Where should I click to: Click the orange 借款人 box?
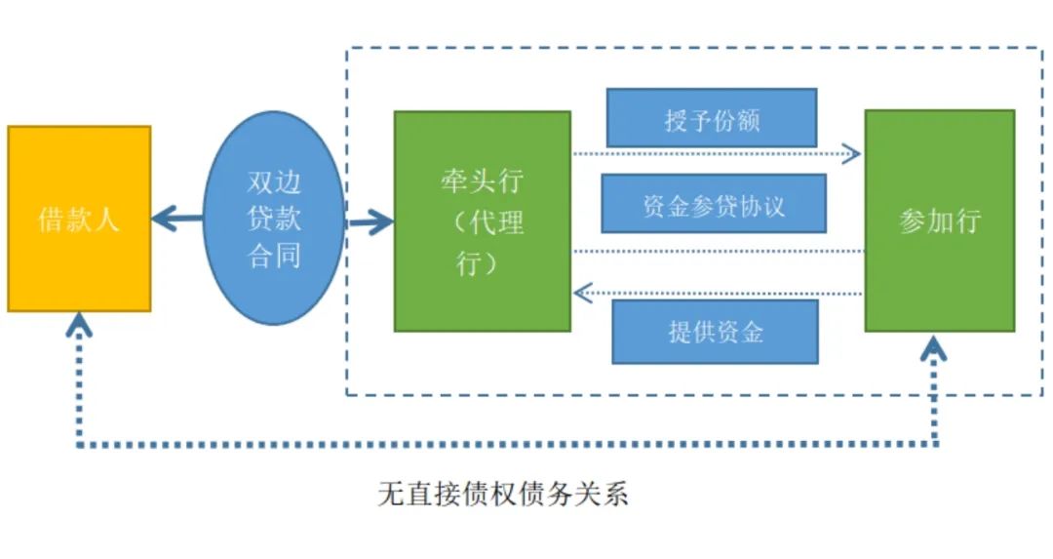coord(79,219)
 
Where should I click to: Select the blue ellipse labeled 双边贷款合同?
coord(273,218)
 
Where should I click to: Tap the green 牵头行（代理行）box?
coord(482,220)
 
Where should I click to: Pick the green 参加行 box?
coord(939,220)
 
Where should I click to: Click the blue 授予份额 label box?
coord(711,118)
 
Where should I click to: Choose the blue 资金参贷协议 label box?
coord(714,204)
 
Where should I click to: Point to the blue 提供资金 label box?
coord(715,332)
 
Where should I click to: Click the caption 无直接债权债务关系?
coord(503,494)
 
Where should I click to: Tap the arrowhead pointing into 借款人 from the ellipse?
coord(162,219)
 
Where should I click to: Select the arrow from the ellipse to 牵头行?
coord(371,222)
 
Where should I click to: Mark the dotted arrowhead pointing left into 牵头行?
coord(582,292)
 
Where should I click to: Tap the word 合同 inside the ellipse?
coord(274,256)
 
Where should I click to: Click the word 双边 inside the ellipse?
coord(274,183)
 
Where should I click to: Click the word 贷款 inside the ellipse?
coord(274,220)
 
